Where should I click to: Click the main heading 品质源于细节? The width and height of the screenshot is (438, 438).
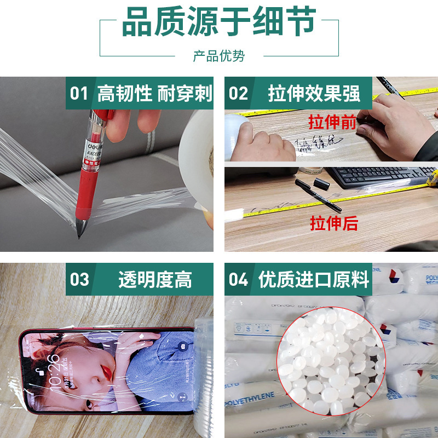219,23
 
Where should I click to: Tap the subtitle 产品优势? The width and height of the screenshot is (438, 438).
219,56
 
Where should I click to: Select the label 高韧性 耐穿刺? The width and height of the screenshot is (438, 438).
154,93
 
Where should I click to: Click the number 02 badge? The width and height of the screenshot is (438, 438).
238,93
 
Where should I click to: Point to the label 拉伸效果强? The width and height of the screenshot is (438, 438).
314,93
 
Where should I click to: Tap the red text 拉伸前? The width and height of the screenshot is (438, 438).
332,122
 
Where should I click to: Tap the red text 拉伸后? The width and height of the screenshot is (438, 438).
334,223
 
